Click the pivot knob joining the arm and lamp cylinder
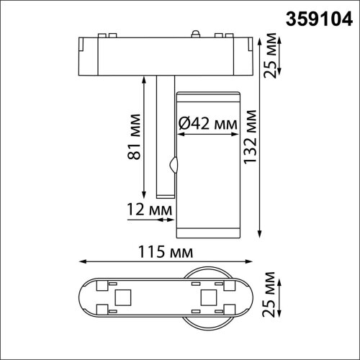pos(171,164)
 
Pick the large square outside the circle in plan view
pos(122,297)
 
